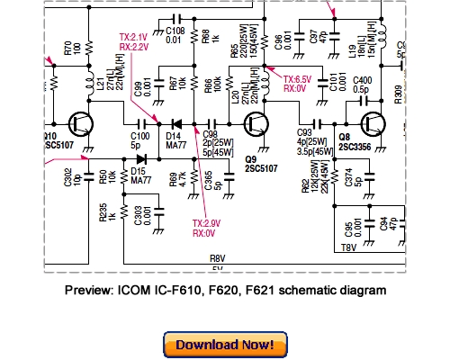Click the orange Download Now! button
tap(224, 345)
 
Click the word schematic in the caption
tap(305, 291)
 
